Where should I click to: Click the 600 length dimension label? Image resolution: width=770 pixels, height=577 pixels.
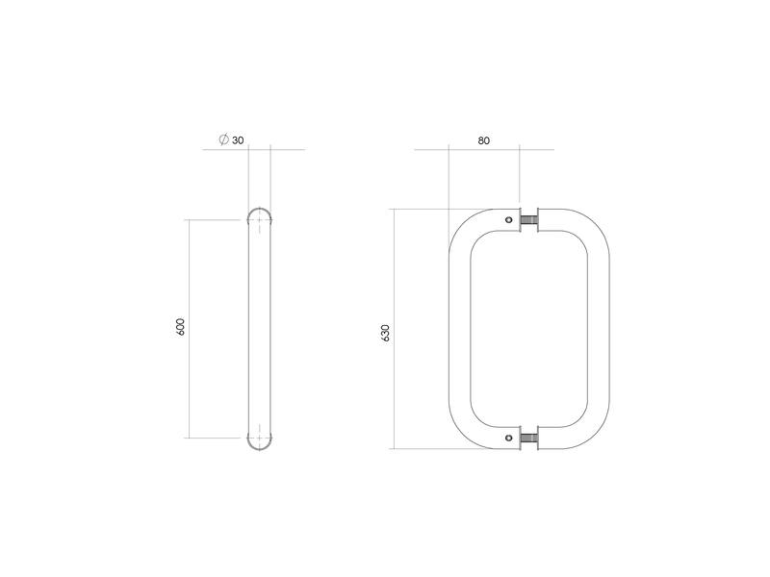(181, 327)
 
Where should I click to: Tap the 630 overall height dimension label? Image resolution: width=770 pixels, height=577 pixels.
(385, 333)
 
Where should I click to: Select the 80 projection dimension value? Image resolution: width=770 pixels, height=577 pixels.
(484, 140)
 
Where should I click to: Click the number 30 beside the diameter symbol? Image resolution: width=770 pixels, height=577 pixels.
(238, 140)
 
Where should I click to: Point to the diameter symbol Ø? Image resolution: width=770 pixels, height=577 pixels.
(224, 139)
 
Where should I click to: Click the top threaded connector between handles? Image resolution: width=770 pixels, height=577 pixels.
(528, 219)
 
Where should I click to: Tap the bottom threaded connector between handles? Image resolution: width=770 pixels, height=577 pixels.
(528, 438)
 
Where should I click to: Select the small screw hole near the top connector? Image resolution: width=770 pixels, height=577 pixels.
(509, 219)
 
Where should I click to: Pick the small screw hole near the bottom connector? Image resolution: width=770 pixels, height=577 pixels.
(509, 438)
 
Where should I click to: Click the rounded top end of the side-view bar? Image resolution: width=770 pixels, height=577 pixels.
(259, 210)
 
